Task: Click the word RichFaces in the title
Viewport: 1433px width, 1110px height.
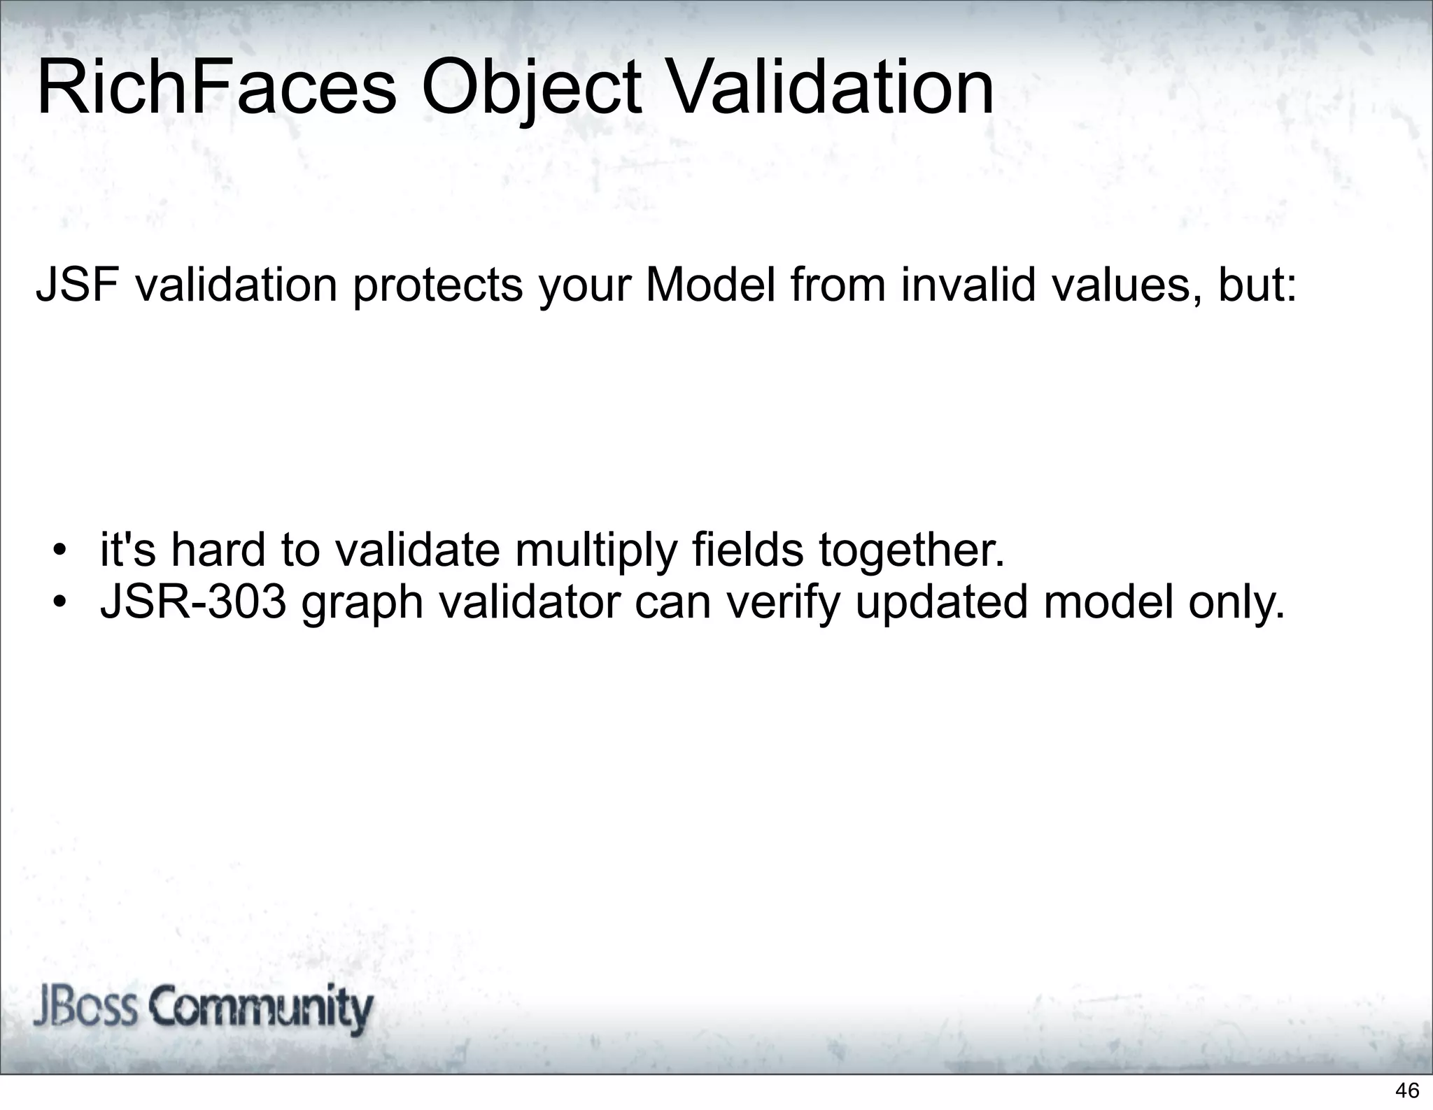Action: [216, 89]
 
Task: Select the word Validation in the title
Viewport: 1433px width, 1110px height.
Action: [831, 89]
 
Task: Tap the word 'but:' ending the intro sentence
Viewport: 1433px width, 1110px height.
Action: [1257, 285]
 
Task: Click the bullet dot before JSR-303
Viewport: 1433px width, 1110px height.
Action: [62, 602]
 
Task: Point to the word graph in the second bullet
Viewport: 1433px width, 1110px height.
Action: [362, 604]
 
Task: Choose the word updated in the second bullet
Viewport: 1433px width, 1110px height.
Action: [941, 604]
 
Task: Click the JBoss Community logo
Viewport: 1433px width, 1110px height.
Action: [204, 1009]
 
